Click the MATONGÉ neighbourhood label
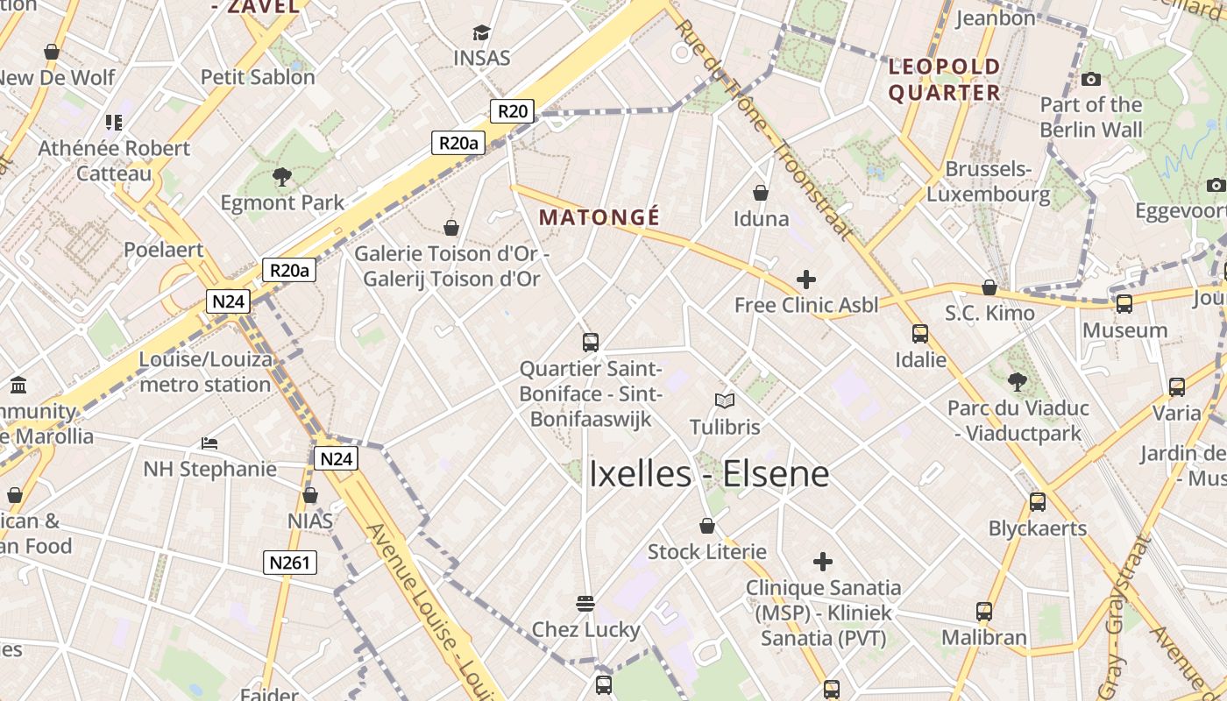[599, 216]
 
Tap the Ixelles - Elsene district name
[708, 474]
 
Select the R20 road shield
[512, 111]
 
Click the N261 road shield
[289, 563]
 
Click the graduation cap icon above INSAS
[481, 33]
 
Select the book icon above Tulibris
[724, 401]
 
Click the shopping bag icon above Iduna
[761, 193]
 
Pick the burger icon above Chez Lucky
[585, 604]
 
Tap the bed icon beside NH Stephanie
[209, 443]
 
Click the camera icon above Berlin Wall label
[1091, 80]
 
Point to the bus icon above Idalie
[920, 334]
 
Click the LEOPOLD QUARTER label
[944, 80]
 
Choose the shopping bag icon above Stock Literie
[707, 527]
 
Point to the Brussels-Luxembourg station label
[988, 181]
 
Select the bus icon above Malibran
[984, 612]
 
